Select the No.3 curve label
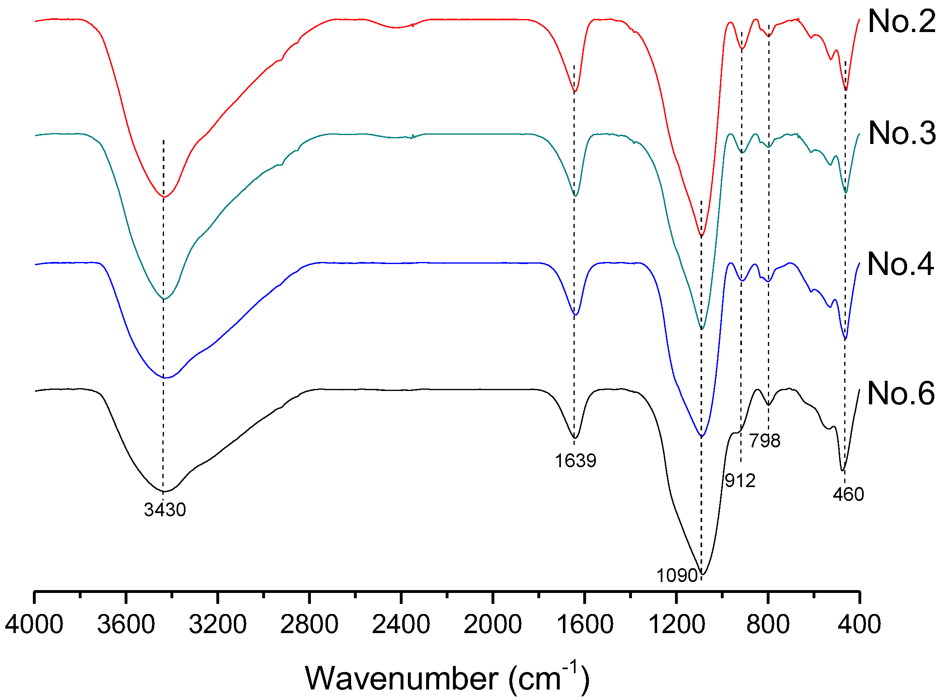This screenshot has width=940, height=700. click(x=901, y=133)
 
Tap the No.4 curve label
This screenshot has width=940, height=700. click(x=901, y=264)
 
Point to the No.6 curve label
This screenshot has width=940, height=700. click(x=901, y=394)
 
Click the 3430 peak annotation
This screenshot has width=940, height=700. click(x=165, y=510)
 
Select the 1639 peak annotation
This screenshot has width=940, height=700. click(x=576, y=461)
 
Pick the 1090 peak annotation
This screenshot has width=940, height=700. click(x=677, y=575)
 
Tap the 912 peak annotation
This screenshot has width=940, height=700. click(x=740, y=481)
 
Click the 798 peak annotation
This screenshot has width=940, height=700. click(x=765, y=441)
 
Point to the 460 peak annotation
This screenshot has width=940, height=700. click(x=848, y=494)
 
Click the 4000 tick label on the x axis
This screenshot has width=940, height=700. click(x=34, y=625)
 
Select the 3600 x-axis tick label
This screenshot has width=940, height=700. click(x=126, y=625)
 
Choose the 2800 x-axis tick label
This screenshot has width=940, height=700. click(x=309, y=625)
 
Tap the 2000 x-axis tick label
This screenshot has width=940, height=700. click(x=493, y=625)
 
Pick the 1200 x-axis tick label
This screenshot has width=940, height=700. click(x=677, y=625)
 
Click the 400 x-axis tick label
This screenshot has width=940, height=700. click(x=860, y=625)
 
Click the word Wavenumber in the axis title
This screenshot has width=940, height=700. click(x=401, y=679)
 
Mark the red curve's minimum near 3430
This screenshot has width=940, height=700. click(x=164, y=197)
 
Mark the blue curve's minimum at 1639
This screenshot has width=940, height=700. click(x=576, y=315)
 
